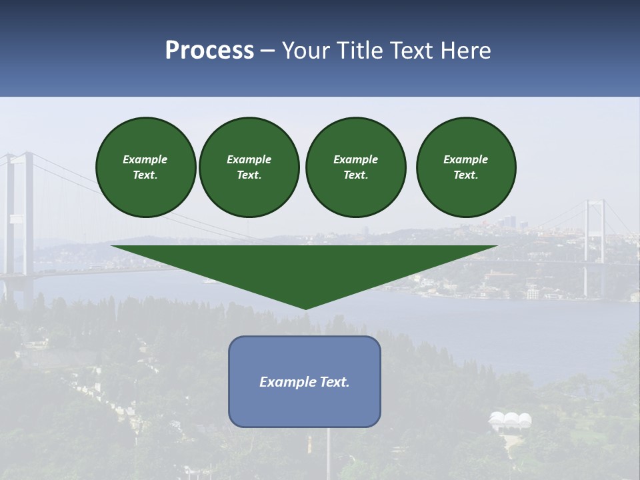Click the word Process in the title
(x=209, y=51)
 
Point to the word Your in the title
(x=304, y=51)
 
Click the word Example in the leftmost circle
(x=145, y=159)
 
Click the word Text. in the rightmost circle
(x=465, y=175)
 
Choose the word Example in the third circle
(x=355, y=159)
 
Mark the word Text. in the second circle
(x=249, y=175)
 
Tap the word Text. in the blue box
(x=335, y=382)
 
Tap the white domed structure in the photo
(x=511, y=420)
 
